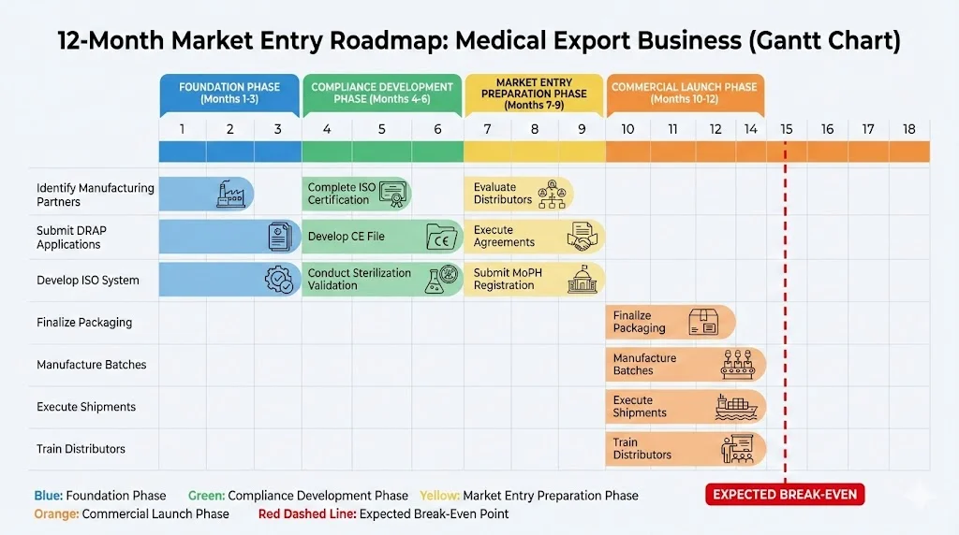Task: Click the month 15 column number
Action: point(787,129)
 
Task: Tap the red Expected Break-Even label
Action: point(784,495)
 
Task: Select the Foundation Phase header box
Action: point(229,94)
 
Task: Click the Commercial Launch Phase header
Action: point(685,94)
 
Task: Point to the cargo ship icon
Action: point(735,407)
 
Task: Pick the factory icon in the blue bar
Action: point(229,194)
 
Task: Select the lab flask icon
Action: point(435,279)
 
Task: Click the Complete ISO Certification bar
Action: point(356,194)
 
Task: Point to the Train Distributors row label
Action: point(81,449)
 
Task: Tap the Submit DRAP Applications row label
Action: point(68,238)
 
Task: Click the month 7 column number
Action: point(487,129)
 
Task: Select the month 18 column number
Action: point(908,129)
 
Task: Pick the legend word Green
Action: point(205,496)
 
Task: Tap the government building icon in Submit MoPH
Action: point(580,279)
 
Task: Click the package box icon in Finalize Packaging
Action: point(703,323)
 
